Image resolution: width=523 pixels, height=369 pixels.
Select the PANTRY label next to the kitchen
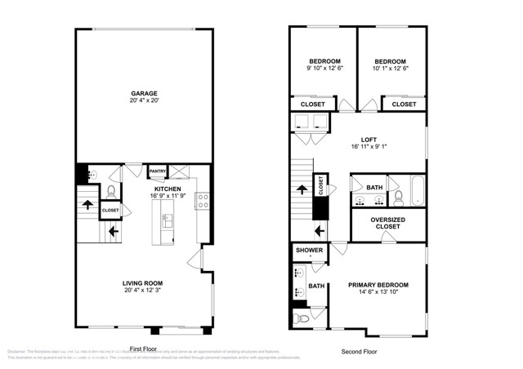tap(158, 171)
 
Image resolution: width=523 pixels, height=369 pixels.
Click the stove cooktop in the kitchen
tap(202, 202)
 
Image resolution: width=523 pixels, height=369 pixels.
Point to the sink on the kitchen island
tap(168, 219)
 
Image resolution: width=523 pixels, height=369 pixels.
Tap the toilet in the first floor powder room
tap(110, 192)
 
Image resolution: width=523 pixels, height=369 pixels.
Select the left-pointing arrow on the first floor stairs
tap(114, 232)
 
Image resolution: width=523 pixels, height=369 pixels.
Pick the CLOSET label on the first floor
tap(110, 211)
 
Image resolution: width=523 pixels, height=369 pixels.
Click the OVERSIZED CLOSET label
tap(388, 225)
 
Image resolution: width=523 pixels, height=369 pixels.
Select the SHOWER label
tap(309, 251)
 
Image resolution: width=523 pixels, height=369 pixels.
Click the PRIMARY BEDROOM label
tap(378, 285)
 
